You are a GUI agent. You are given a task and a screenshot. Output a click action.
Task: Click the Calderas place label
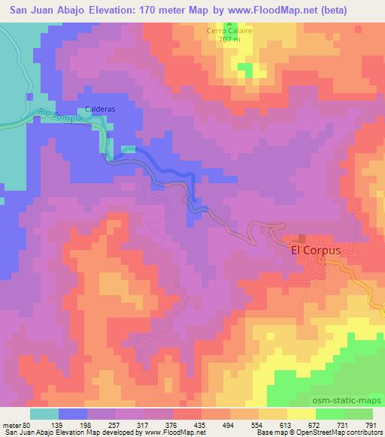pos(99,107)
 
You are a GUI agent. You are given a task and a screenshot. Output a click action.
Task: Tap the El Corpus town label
pos(316,252)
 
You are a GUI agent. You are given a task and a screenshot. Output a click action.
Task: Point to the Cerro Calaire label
pos(226,31)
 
